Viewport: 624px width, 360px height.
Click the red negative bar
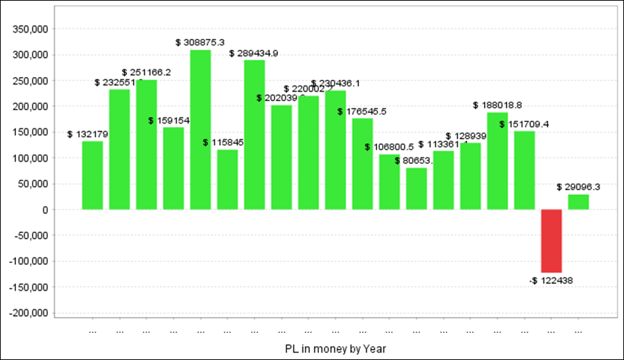(551, 241)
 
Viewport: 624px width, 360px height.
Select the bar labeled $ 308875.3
(200, 130)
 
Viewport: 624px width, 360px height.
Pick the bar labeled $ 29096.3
(578, 202)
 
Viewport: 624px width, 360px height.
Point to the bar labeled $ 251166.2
(146, 144)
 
